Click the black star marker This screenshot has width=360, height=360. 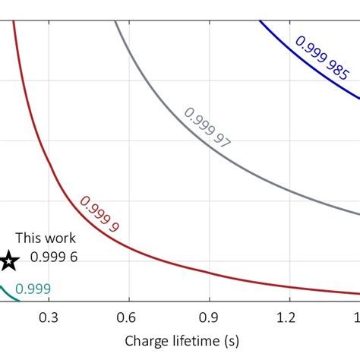click(8, 261)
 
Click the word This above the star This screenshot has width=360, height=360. click(28, 238)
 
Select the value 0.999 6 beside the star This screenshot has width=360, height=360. click(54, 257)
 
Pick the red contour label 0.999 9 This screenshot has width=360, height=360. click(99, 213)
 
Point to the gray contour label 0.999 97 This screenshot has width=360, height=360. click(207, 127)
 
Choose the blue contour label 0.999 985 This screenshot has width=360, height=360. click(322, 58)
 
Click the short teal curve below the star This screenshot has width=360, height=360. click(7, 290)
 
